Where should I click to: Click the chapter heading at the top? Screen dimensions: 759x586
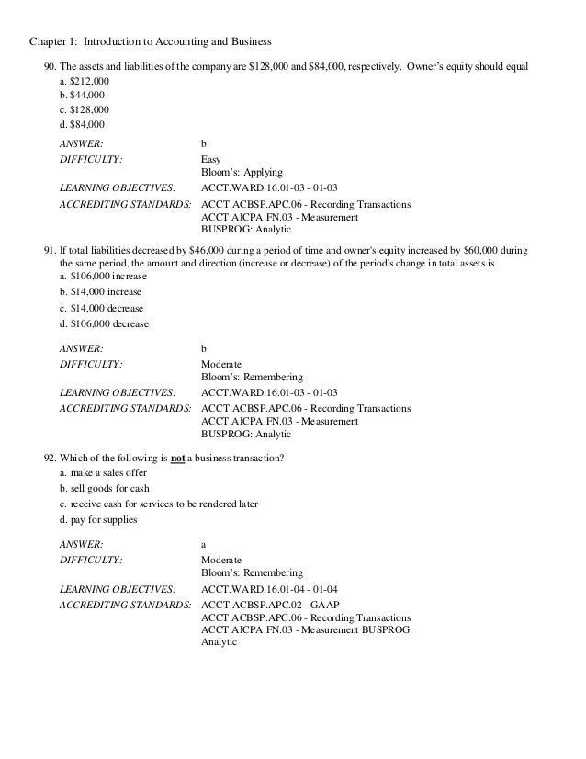coord(151,41)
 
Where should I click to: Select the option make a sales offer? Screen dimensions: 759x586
coord(101,472)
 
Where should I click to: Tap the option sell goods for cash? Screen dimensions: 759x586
coord(104,488)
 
